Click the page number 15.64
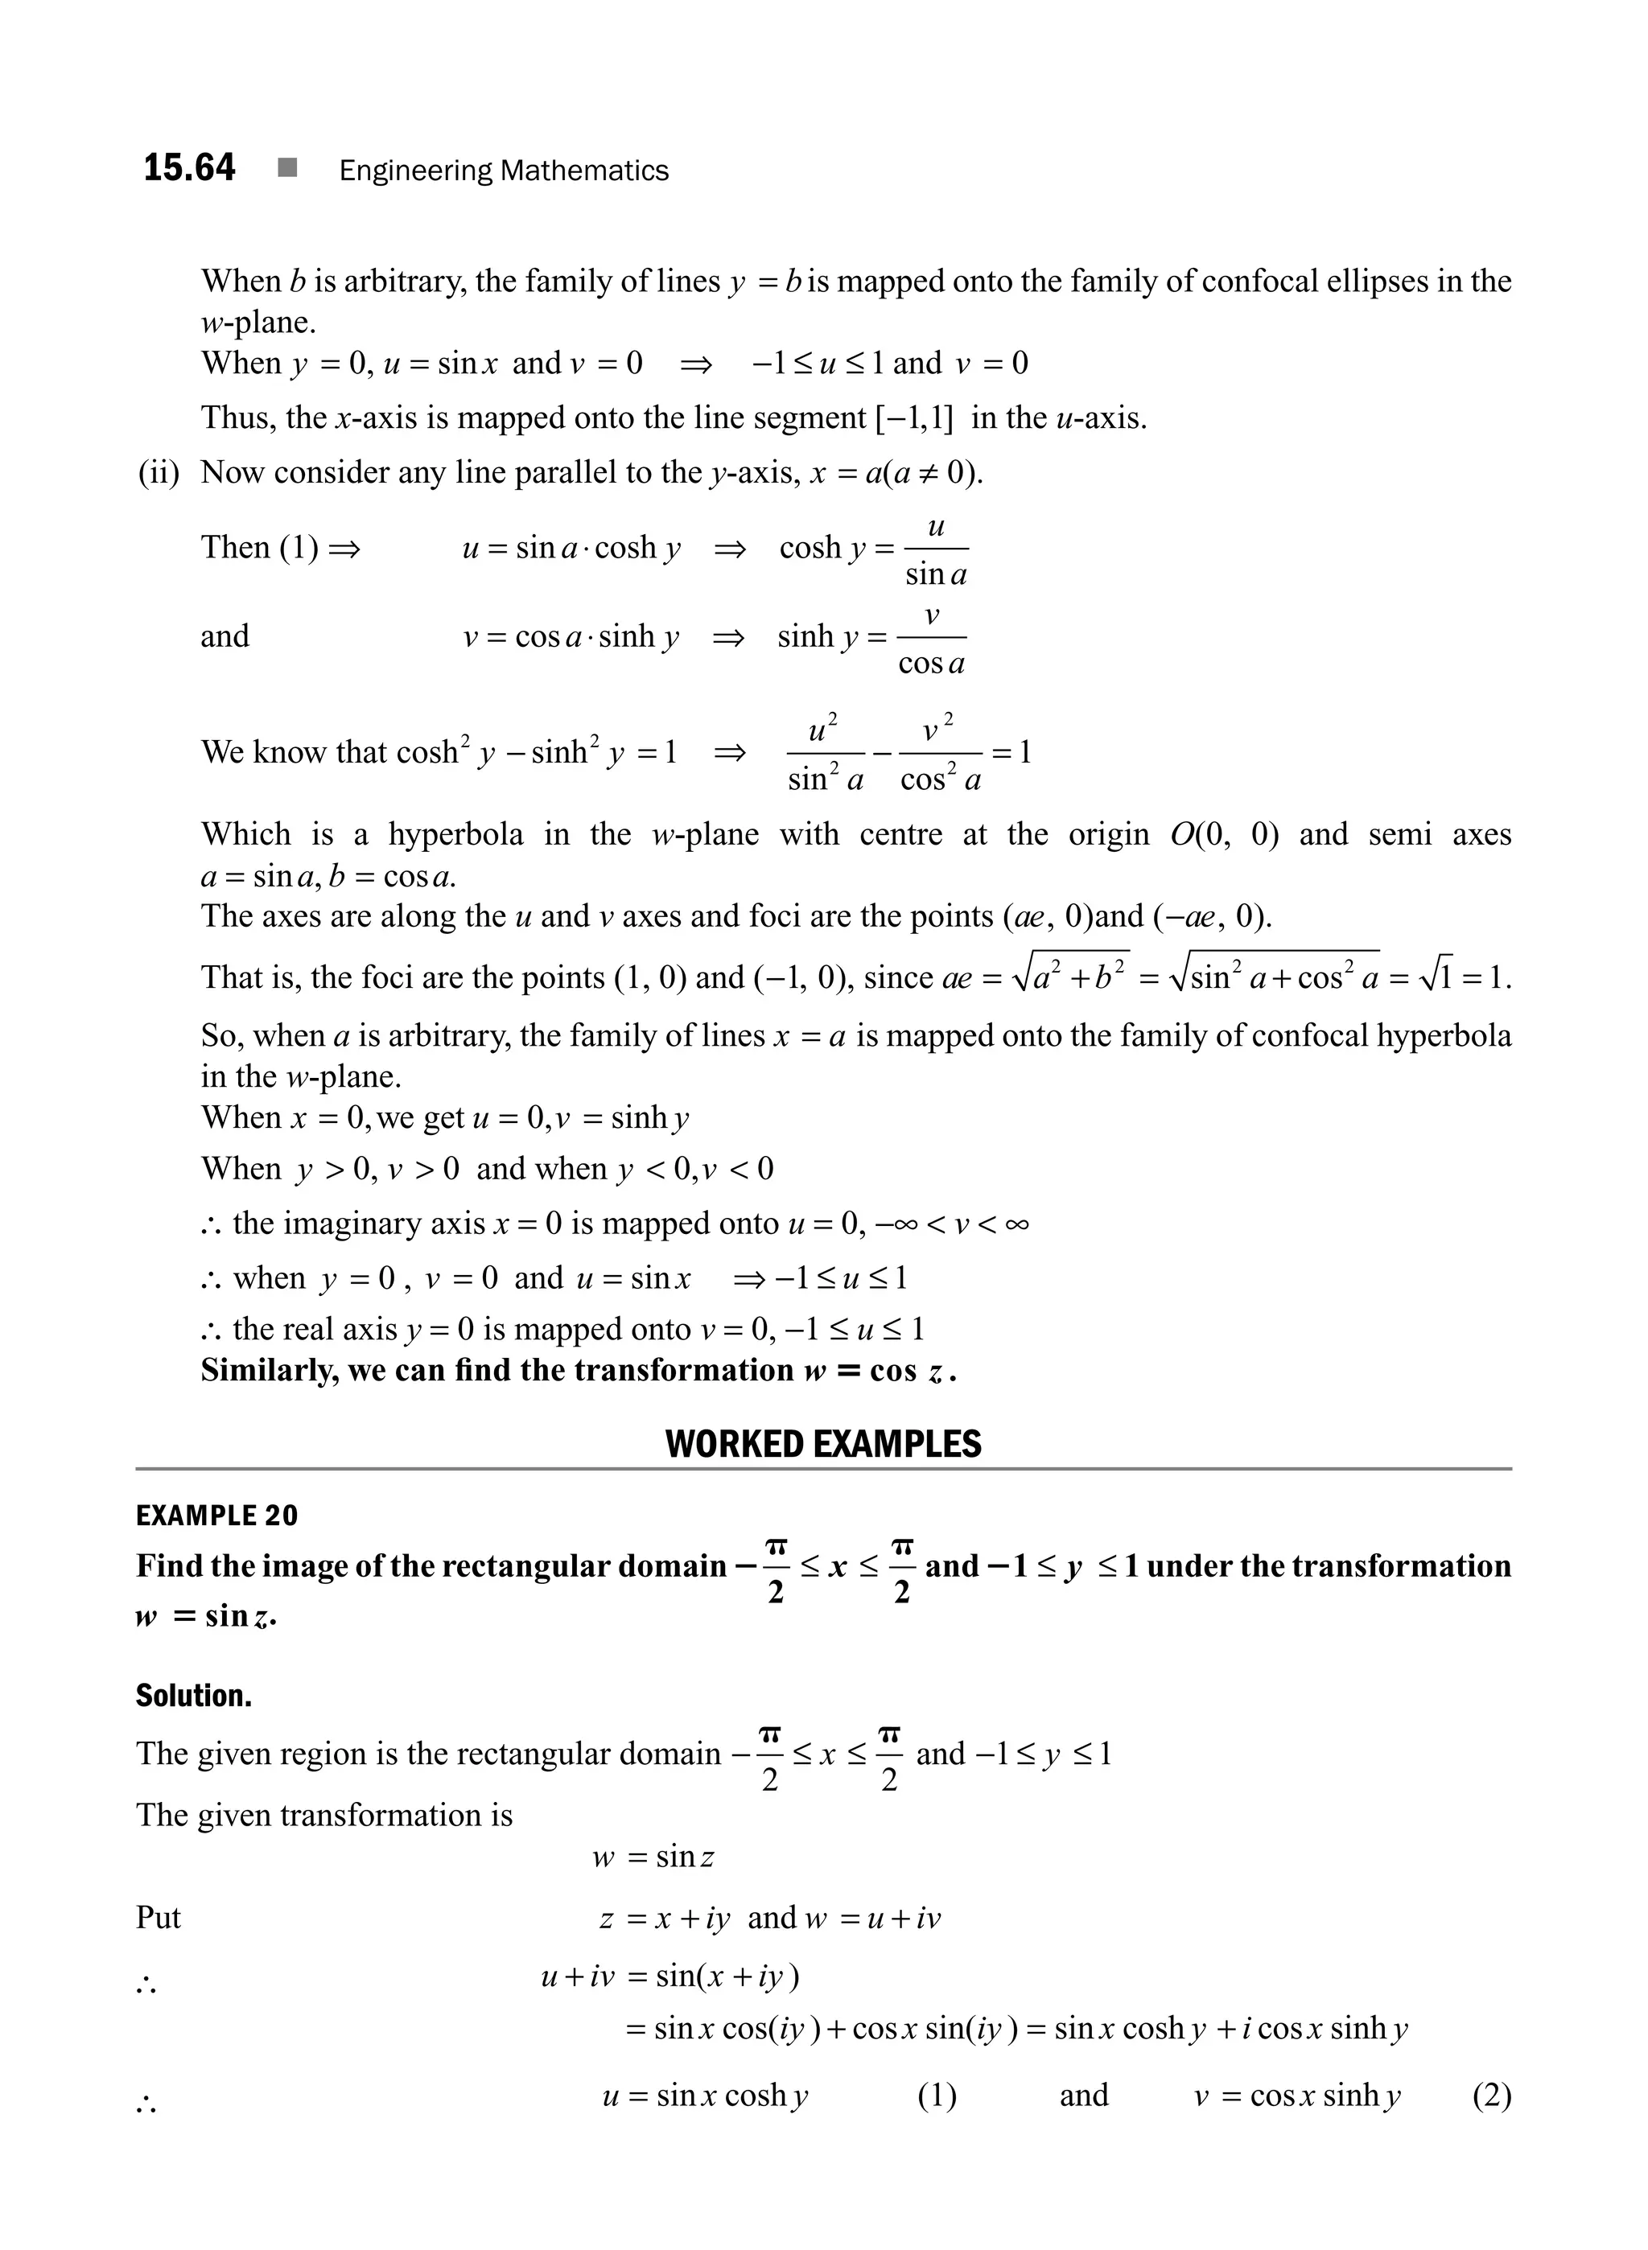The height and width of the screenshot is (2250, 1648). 190,167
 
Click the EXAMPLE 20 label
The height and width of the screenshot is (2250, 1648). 216,1516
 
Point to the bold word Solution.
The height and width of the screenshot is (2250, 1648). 194,1696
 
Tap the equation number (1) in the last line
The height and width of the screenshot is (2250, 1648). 937,2096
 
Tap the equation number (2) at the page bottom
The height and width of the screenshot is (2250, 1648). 1491,2096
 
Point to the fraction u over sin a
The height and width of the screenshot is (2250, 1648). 935,549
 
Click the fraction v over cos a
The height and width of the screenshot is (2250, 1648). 931,638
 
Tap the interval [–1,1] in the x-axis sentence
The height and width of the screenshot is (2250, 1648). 914,417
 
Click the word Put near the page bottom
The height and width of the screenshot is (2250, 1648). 159,1917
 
